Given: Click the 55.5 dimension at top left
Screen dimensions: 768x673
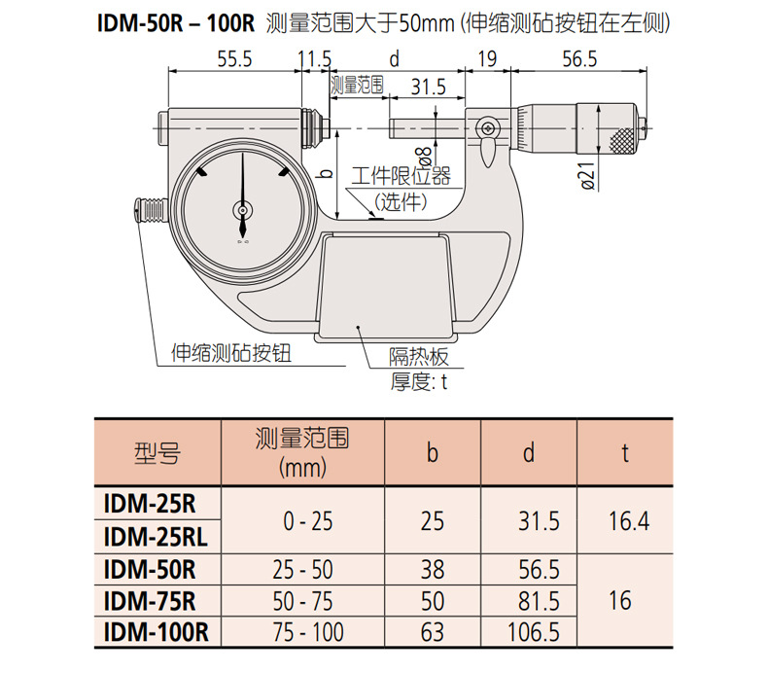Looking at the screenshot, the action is point(234,59).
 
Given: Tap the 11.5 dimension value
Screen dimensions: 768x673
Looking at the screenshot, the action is point(315,59).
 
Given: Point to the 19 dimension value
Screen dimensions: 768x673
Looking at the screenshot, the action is point(487,59).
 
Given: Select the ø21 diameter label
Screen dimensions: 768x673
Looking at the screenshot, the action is point(588,175).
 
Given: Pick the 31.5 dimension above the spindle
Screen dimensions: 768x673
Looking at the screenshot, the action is point(429,87).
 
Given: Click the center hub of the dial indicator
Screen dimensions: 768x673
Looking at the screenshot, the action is point(242,210).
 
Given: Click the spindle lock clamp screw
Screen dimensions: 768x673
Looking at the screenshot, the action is point(488,128).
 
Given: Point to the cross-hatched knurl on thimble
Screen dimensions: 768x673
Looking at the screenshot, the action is point(621,139).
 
